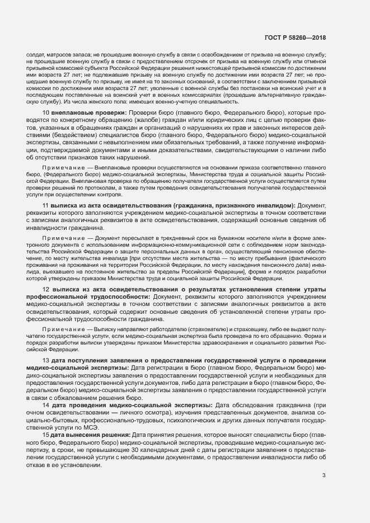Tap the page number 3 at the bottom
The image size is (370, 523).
(324, 460)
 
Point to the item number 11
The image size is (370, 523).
(45, 205)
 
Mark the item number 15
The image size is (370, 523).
(45, 435)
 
